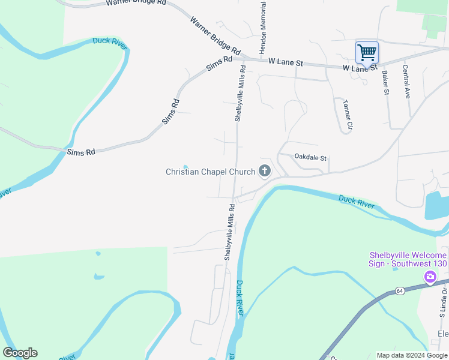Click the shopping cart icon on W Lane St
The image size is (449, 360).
tap(367, 52)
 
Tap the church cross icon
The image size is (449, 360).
tap(264, 172)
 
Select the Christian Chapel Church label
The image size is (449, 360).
tap(210, 172)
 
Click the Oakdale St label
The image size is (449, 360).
tap(310, 158)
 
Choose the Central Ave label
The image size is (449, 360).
tap(407, 82)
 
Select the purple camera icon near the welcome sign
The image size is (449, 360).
tap(430, 277)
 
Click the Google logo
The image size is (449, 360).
tap(20, 353)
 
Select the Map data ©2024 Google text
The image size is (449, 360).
tap(411, 355)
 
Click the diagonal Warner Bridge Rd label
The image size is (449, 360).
tap(215, 35)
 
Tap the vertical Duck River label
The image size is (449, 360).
tap(240, 298)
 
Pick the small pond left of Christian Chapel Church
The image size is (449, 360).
tap(185, 167)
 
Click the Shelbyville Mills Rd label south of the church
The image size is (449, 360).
tap(229, 232)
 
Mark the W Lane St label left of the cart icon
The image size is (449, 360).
tap(286, 62)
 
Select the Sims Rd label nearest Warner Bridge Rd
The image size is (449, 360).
tap(219, 64)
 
